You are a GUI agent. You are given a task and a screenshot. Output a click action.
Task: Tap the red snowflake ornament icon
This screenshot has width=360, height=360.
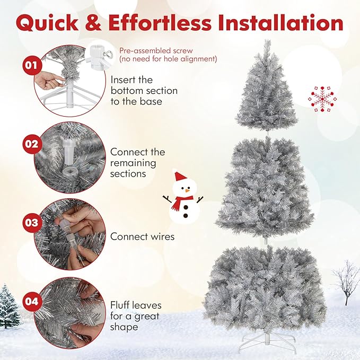pos(321,98)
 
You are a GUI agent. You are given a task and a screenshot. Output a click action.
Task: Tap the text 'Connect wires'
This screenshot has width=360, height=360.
pos(142,236)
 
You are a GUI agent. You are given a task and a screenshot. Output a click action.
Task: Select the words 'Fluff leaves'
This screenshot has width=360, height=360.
pos(136,305)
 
